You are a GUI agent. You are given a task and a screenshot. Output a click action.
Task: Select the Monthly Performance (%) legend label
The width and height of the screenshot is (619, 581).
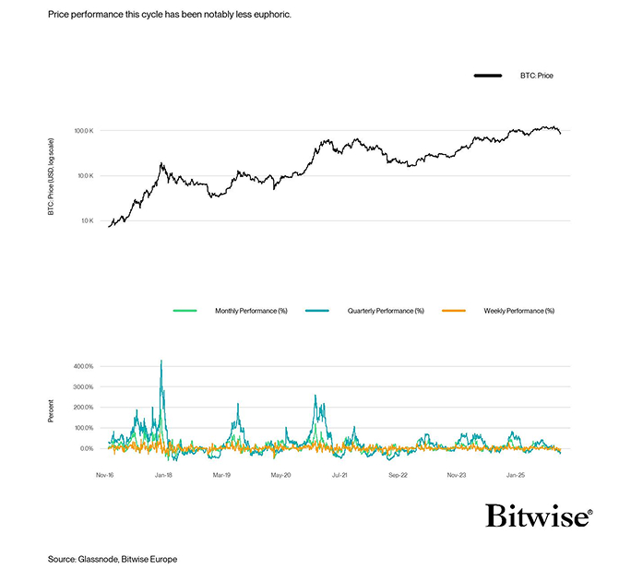(x=251, y=311)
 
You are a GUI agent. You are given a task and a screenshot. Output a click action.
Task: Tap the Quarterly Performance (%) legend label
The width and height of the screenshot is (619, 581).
(x=386, y=311)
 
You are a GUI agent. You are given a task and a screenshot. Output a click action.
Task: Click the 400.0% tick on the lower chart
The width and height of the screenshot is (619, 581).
(x=84, y=366)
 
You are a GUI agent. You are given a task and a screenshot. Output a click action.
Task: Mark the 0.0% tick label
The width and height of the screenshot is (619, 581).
(x=88, y=449)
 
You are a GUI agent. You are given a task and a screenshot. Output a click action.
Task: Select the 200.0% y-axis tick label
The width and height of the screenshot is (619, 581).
(x=84, y=408)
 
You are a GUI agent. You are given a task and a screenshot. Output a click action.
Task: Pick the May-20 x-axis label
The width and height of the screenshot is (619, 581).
(x=280, y=477)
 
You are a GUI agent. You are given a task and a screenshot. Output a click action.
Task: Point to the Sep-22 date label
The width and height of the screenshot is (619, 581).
(x=397, y=477)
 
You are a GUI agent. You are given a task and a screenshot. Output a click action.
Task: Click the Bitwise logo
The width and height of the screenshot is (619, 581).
(x=539, y=516)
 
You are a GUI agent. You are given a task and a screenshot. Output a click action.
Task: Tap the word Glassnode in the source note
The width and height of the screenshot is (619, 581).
(x=99, y=560)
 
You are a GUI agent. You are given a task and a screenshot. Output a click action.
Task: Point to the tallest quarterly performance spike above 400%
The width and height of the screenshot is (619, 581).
(x=161, y=362)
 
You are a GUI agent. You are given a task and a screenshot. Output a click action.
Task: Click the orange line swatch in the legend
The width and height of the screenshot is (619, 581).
(x=455, y=311)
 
